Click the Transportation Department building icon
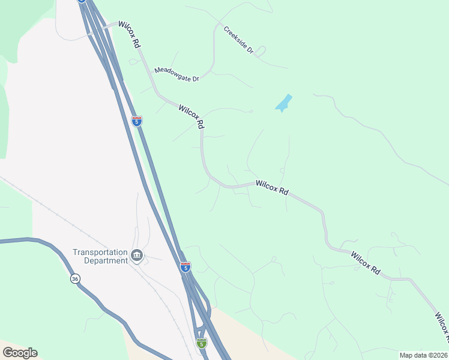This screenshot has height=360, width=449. coord(137,256)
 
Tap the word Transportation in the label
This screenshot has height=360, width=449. coord(100,253)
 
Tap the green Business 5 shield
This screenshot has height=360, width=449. coord(202,343)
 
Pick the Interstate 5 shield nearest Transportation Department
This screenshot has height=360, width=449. coord(185,267)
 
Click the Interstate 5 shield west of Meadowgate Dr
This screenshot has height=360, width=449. coord(137,121)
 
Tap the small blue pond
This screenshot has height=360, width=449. coord(283,103)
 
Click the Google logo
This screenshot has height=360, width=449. coord(20,353)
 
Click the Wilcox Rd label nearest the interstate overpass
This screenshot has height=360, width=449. coord(129,35)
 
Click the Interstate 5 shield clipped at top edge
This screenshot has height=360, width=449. coord(81,1)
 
